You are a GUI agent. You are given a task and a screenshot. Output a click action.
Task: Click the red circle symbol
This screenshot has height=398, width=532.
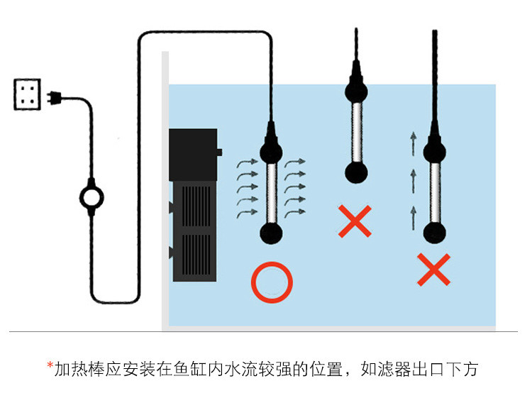pyautogui.click(x=271, y=282)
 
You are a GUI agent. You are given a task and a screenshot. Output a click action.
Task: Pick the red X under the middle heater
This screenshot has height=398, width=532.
pyautogui.click(x=355, y=221)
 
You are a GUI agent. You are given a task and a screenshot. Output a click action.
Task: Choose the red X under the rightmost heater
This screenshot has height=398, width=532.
pyautogui.click(x=434, y=270)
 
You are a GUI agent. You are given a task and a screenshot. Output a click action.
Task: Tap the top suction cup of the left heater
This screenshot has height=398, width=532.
pyautogui.click(x=270, y=150)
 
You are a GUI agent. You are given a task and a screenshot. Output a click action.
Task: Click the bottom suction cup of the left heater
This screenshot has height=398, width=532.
pyautogui.click(x=270, y=233)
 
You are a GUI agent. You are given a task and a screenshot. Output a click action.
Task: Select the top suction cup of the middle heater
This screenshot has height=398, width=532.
pyautogui.click(x=355, y=90)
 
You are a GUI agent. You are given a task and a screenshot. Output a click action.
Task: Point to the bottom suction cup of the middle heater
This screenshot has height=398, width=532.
pyautogui.click(x=355, y=172)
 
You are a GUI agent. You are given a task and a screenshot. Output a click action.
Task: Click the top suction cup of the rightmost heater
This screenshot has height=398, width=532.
pyautogui.click(x=434, y=150)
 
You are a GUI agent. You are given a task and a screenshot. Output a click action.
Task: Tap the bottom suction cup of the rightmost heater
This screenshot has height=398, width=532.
pyautogui.click(x=434, y=232)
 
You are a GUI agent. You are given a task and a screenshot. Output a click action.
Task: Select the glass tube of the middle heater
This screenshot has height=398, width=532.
pyautogui.click(x=355, y=131)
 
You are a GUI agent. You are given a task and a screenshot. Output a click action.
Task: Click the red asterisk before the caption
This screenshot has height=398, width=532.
pyautogui.click(x=50, y=367)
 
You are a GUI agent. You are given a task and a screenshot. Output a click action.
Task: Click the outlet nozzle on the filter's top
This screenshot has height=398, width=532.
pyautogui.click(x=219, y=152)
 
